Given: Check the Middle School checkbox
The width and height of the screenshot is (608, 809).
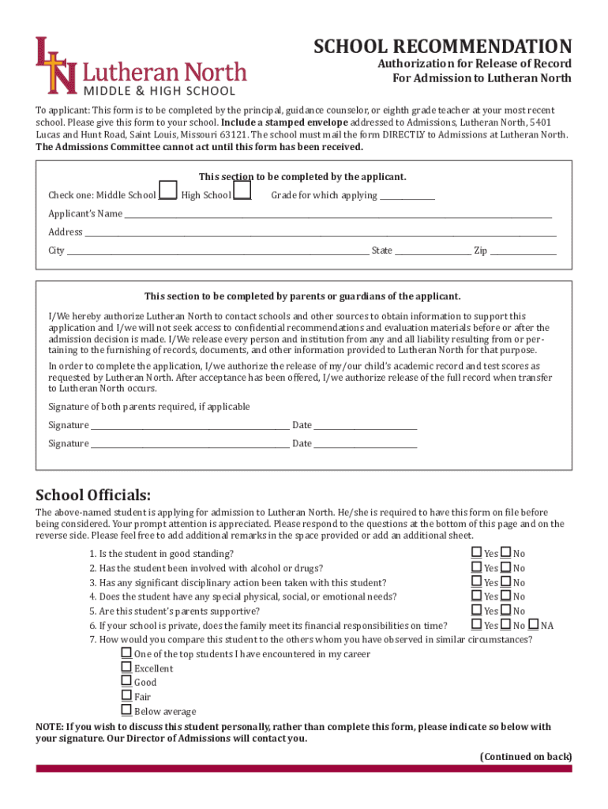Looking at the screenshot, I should [x=167, y=191].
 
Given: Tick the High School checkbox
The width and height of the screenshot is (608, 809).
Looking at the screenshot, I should [x=242, y=191].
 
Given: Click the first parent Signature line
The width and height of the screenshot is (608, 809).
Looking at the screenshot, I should [x=190, y=427].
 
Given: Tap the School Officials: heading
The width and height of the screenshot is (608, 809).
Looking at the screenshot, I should [x=93, y=495].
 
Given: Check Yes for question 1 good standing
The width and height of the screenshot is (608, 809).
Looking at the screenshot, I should [x=476, y=553].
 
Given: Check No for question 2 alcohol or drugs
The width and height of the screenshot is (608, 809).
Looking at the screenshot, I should [x=506, y=567].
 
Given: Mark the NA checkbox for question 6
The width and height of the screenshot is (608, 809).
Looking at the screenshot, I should [x=534, y=625].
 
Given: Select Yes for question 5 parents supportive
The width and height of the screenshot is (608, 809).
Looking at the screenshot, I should [x=476, y=611].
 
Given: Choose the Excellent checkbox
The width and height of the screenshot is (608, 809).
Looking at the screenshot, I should [x=126, y=668].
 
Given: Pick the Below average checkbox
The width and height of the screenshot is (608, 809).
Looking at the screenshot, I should [x=126, y=710].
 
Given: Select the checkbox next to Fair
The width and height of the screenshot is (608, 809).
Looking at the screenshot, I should [x=126, y=696].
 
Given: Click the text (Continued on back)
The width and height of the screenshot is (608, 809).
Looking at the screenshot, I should [x=526, y=757].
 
